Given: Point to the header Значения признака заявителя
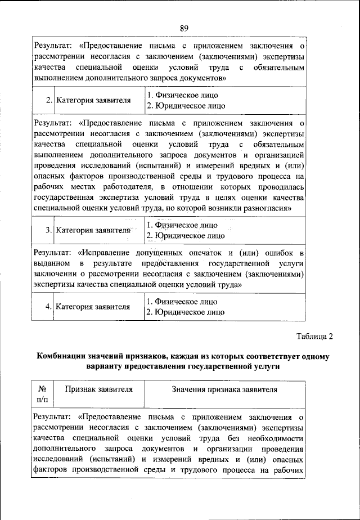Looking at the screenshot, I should pyautogui.click(x=224, y=389).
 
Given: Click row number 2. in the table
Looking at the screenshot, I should pyautogui.click(x=49, y=100).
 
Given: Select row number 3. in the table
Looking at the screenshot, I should pyautogui.click(x=49, y=230).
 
